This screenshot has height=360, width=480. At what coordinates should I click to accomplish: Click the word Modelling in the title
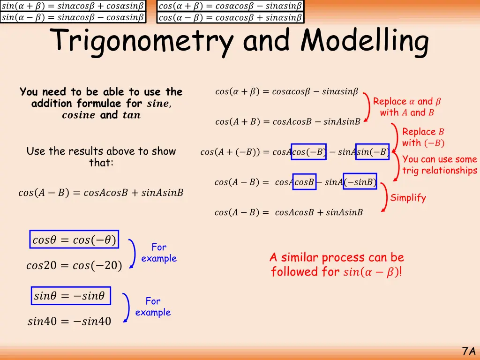(x=365, y=41)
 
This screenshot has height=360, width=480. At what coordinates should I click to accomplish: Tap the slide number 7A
(x=469, y=351)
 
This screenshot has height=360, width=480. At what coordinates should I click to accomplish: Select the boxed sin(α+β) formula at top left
(x=73, y=6)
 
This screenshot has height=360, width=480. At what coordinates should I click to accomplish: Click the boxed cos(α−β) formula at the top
(x=230, y=18)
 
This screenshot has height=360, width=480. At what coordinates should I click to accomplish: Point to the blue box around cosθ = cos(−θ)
(x=74, y=240)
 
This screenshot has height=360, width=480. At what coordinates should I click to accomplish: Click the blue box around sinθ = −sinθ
(x=71, y=296)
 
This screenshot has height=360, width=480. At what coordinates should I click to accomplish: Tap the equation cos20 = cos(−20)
(x=74, y=266)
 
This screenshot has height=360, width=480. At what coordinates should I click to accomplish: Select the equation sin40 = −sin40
(x=69, y=322)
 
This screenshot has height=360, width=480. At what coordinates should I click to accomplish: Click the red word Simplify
(x=408, y=198)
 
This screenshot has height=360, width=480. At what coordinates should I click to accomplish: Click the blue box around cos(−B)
(x=308, y=152)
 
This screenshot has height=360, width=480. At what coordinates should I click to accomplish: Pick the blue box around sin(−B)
(x=372, y=152)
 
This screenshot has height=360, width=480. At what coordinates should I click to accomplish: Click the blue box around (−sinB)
(x=360, y=182)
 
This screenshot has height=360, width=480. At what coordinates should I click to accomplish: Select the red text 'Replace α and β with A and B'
(x=407, y=107)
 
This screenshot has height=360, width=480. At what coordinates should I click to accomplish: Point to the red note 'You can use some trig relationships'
(x=439, y=165)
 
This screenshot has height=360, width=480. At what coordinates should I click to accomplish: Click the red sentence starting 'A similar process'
(x=337, y=264)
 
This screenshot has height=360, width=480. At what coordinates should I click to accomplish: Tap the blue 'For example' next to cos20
(x=159, y=253)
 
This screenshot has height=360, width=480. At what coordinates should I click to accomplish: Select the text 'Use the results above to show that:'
(x=101, y=157)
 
